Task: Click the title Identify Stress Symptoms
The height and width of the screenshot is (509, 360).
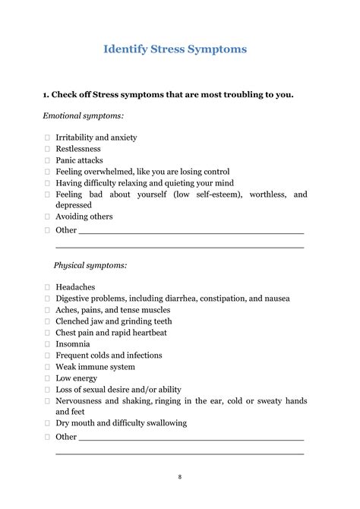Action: (x=175, y=49)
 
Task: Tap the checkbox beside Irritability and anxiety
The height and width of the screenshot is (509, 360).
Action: (x=47, y=138)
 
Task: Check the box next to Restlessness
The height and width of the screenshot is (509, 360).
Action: (x=47, y=149)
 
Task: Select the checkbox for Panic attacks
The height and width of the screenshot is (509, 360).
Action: (x=47, y=160)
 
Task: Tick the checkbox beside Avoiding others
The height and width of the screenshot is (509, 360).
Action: (x=47, y=217)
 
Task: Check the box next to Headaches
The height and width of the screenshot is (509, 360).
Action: (x=47, y=287)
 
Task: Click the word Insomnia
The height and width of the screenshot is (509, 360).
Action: (x=73, y=343)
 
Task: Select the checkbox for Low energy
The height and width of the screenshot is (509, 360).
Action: (x=47, y=378)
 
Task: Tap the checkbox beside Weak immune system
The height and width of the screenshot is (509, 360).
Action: (x=47, y=366)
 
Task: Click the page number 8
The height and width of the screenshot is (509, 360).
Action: (x=180, y=477)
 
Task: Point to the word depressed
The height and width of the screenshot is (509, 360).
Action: (x=74, y=205)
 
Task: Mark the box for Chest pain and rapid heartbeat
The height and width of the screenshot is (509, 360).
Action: (x=47, y=332)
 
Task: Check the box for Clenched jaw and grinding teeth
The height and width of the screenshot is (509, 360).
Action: (x=47, y=321)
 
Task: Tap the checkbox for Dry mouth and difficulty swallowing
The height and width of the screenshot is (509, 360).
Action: (x=47, y=422)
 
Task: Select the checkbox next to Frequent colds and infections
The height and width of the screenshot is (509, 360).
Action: (x=47, y=355)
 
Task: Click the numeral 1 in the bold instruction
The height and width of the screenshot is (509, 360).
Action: (x=46, y=94)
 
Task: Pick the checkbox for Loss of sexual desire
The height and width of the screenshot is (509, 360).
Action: (x=47, y=389)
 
